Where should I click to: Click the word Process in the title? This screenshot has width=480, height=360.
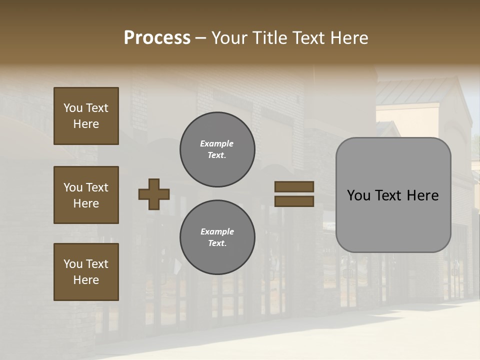click(157, 38)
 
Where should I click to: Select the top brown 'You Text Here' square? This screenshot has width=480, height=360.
click(86, 116)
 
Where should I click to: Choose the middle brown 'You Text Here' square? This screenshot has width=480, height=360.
click(86, 195)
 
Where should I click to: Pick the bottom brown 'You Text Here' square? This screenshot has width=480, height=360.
click(86, 272)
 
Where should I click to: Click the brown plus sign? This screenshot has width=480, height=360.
click(154, 194)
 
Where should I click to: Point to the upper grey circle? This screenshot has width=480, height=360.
click(217, 149)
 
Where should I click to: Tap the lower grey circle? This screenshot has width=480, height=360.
click(217, 237)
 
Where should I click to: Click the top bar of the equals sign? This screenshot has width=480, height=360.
click(294, 186)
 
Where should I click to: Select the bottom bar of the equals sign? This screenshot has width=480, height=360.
click(294, 201)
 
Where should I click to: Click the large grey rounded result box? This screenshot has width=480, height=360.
click(393, 195)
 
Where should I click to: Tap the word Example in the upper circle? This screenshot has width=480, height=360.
click(217, 144)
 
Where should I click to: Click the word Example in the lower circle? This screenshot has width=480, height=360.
click(217, 232)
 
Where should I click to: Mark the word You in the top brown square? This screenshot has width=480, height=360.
click(73, 108)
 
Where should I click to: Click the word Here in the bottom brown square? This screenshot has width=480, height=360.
click(86, 280)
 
